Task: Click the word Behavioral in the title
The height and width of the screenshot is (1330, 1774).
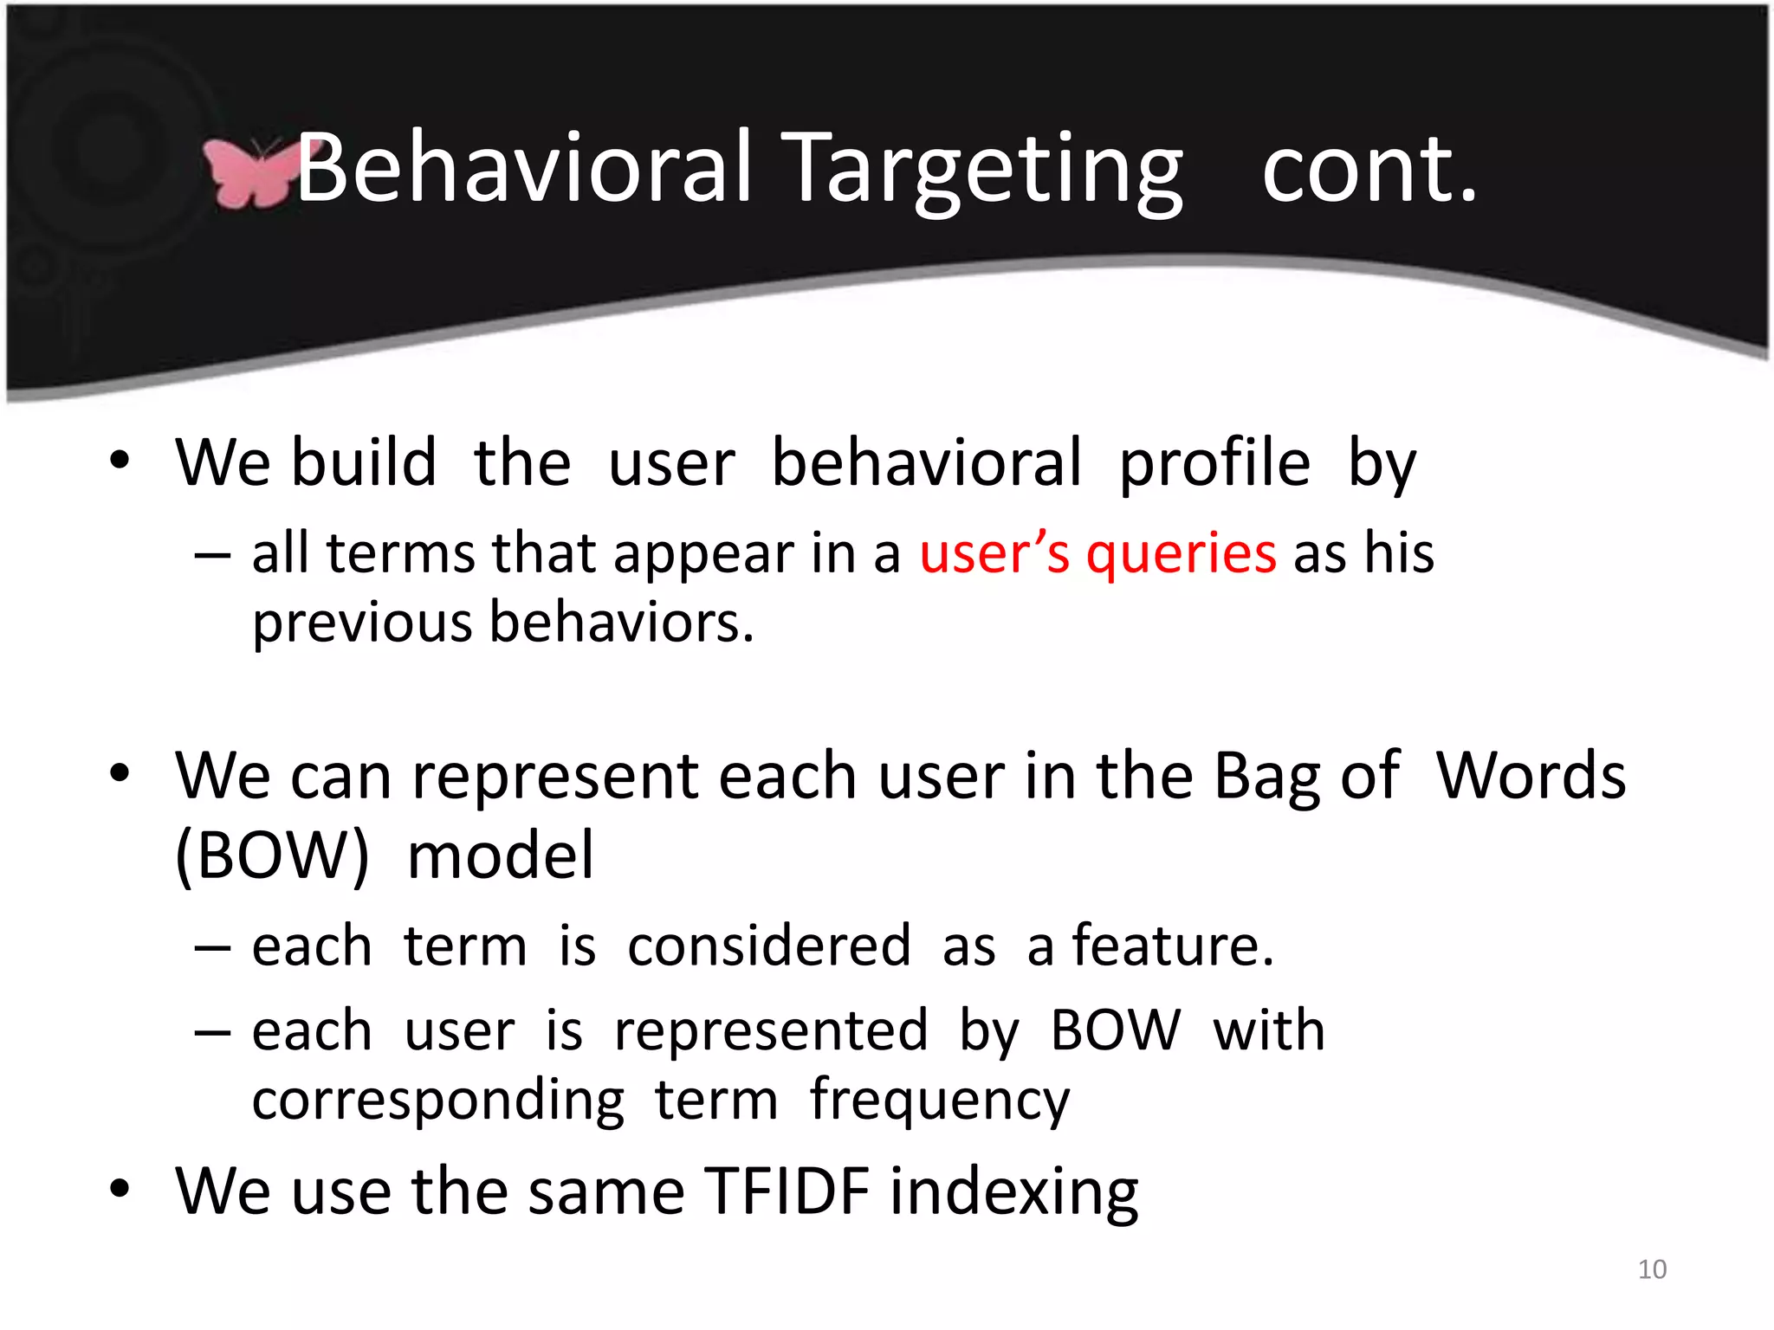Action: (523, 169)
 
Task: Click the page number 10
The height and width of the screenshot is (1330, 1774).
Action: (1652, 1269)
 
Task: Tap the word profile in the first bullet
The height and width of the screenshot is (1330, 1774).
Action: (1214, 464)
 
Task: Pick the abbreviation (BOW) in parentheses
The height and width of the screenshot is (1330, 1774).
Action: (272, 855)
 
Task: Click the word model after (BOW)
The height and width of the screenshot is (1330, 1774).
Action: (501, 855)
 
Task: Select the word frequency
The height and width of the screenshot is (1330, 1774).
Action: (940, 1101)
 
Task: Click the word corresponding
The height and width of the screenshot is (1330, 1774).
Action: (438, 1101)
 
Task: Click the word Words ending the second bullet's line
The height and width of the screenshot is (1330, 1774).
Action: (1531, 775)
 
